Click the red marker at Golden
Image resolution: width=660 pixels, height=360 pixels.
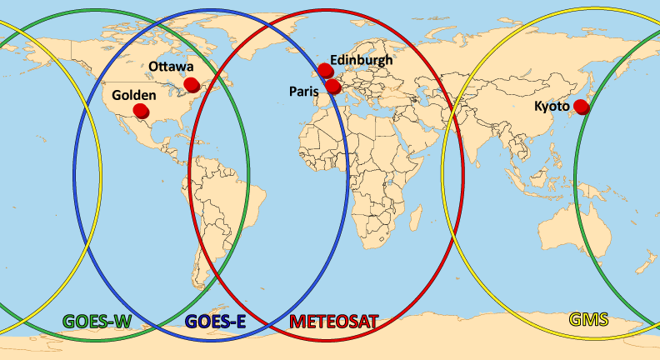pyautogui.click(x=141, y=111)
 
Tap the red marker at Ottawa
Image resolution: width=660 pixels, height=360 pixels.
pyautogui.click(x=192, y=83)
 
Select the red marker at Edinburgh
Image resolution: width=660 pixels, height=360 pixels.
pyautogui.click(x=325, y=71)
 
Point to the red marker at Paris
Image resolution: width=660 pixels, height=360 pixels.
pyautogui.click(x=332, y=86)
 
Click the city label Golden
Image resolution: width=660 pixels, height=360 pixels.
pyautogui.click(x=133, y=96)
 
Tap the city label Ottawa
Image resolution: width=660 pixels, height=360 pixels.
pyautogui.click(x=172, y=67)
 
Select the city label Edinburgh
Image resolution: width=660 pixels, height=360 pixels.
pyautogui.click(x=360, y=59)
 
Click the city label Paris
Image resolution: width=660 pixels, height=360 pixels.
pyautogui.click(x=303, y=90)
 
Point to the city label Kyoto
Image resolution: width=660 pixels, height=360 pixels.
pyautogui.click(x=552, y=106)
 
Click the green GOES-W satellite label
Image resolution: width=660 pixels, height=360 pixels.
pyautogui.click(x=97, y=320)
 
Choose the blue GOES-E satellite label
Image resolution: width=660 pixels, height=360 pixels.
pyautogui.click(x=214, y=320)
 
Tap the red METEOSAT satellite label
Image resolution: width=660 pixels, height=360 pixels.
pyautogui.click(x=333, y=320)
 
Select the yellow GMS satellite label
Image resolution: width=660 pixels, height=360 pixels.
pyautogui.click(x=588, y=318)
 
